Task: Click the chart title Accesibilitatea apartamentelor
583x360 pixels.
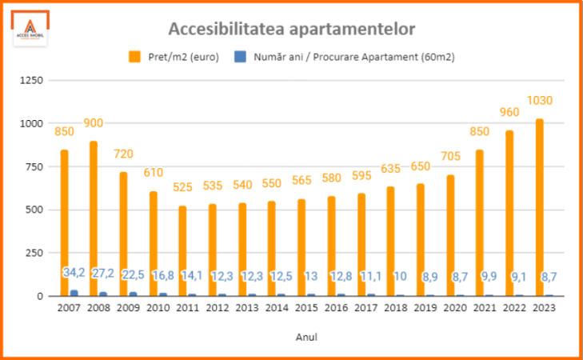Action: pyautogui.click(x=291, y=30)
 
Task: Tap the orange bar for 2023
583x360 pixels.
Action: pyautogui.click(x=539, y=207)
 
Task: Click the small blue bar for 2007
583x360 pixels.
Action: pyautogui.click(x=74, y=293)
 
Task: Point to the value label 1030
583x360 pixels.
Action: pyautogui.click(x=539, y=101)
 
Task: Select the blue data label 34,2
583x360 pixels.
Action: pyautogui.click(x=74, y=274)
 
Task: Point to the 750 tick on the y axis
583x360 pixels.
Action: pyautogui.click(x=34, y=166)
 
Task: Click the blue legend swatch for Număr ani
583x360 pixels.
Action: pyautogui.click(x=240, y=57)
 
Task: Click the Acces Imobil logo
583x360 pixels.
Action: pyautogui.click(x=31, y=30)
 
